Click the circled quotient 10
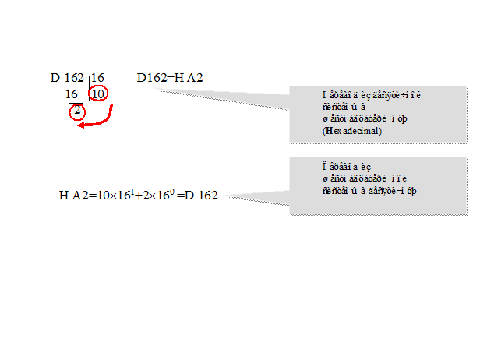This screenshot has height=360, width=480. coord(99,94)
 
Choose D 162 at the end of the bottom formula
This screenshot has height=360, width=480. coord(200,195)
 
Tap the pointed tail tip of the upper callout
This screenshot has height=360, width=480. coord(157,90)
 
